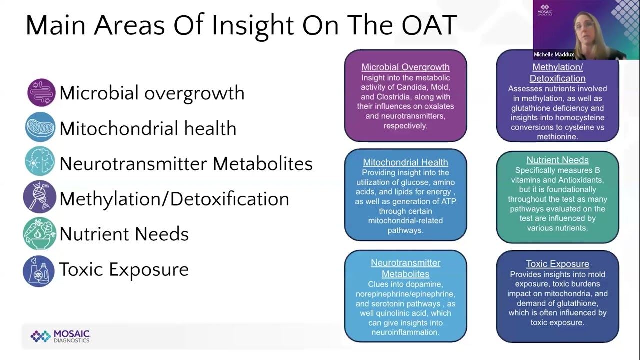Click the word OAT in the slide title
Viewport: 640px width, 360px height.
pos(429,25)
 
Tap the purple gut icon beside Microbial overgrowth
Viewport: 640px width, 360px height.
pos(41,92)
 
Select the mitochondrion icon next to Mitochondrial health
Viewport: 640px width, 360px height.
pos(40,127)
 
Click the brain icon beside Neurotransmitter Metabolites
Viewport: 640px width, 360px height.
pos(40,161)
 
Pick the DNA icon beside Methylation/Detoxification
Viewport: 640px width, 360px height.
pos(39,196)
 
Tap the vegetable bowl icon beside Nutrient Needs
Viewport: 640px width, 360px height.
pos(39,233)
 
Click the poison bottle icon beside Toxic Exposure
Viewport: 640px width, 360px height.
pos(39,271)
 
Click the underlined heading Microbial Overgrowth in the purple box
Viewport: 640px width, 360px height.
pos(405,67)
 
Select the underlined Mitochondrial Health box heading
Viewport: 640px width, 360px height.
pos(405,162)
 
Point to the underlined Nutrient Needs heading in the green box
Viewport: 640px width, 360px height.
pos(557,160)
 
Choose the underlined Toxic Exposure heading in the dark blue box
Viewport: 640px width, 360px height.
pos(557,264)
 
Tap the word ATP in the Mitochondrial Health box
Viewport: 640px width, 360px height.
pos(448,201)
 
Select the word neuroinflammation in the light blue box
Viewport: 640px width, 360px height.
pos(405,332)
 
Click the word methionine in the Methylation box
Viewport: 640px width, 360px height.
pos(557,137)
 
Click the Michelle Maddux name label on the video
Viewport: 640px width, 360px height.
pos(554,54)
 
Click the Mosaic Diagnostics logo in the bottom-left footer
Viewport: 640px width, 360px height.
pos(60,336)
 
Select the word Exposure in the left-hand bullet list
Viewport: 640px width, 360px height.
pos(149,269)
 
